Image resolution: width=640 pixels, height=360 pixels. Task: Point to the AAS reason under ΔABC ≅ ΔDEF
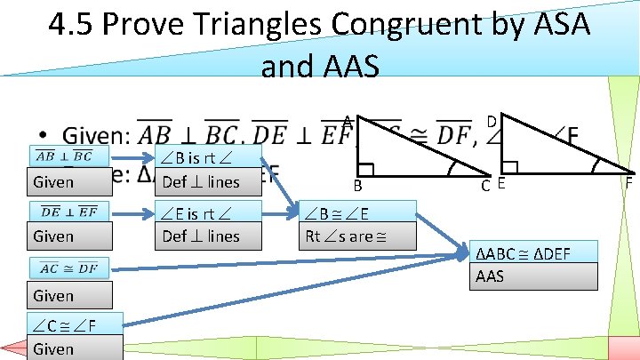point(490,276)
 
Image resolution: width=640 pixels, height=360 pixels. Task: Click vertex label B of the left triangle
point(356,186)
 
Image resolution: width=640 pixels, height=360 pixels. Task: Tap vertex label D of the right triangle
point(491,121)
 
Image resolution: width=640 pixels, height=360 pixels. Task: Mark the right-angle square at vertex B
point(367,169)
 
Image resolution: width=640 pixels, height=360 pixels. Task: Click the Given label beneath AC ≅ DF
point(53,295)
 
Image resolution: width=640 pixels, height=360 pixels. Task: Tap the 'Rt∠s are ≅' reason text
point(345,236)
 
